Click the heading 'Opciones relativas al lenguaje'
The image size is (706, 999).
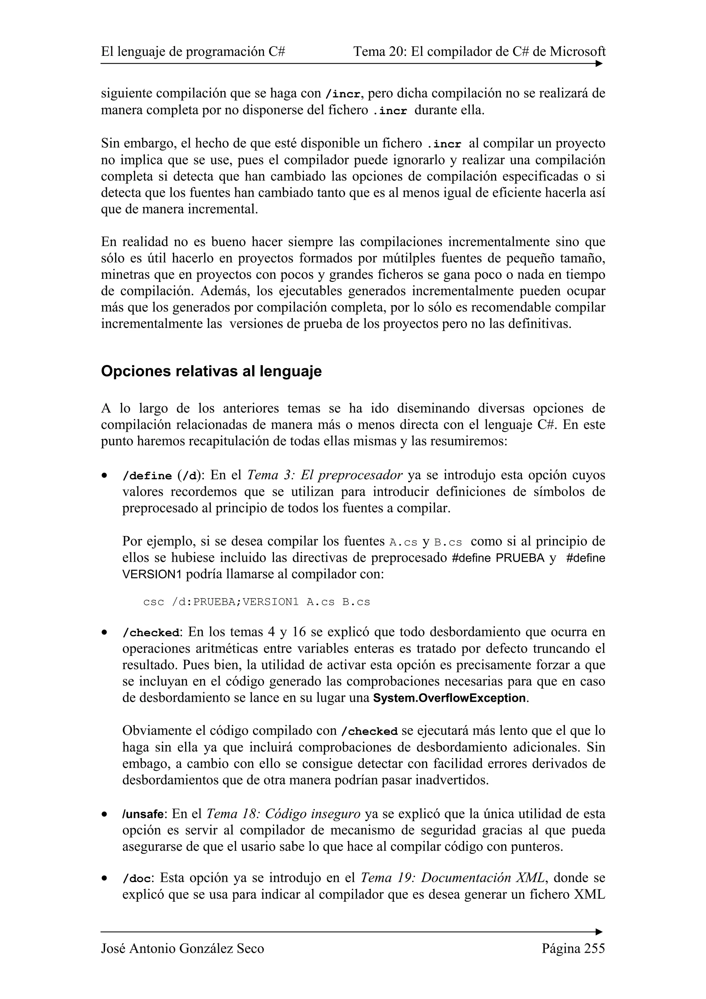click(x=211, y=372)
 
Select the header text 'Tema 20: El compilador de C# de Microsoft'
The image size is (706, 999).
click(x=480, y=52)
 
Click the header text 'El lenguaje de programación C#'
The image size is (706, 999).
click(x=193, y=52)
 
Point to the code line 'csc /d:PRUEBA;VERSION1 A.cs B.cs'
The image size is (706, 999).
click(x=256, y=602)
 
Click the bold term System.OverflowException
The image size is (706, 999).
click(x=450, y=698)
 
